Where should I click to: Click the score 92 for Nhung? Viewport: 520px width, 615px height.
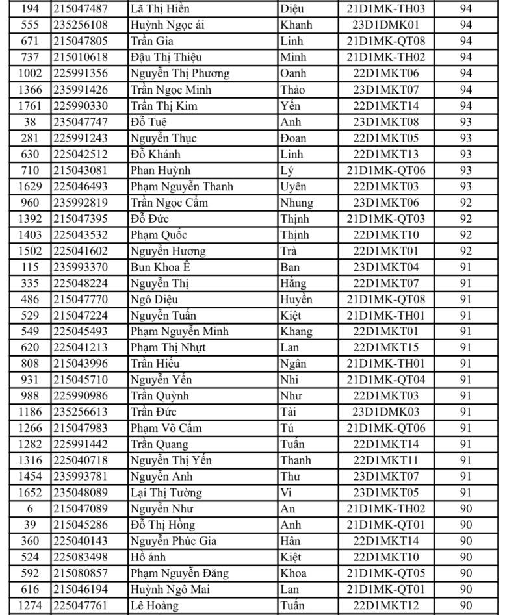pyautogui.click(x=465, y=203)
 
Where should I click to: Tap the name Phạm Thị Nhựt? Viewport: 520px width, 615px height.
pyautogui.click(x=168, y=347)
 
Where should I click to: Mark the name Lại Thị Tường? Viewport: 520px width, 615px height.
pyautogui.click(x=166, y=493)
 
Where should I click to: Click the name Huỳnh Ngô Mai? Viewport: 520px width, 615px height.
pyautogui.click(x=168, y=590)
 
